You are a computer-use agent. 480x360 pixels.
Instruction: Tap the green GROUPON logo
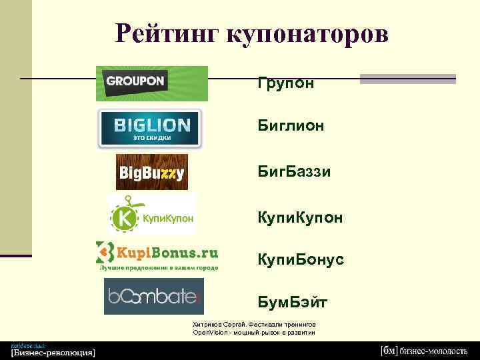[151, 83]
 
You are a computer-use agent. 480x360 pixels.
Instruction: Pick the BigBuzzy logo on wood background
[151, 172]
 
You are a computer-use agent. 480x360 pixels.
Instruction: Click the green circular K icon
[123, 217]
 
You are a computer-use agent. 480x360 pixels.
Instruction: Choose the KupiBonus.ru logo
[157, 253]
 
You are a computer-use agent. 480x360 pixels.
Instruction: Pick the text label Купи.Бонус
[301, 259]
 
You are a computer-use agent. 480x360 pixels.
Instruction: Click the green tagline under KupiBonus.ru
[159, 267]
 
